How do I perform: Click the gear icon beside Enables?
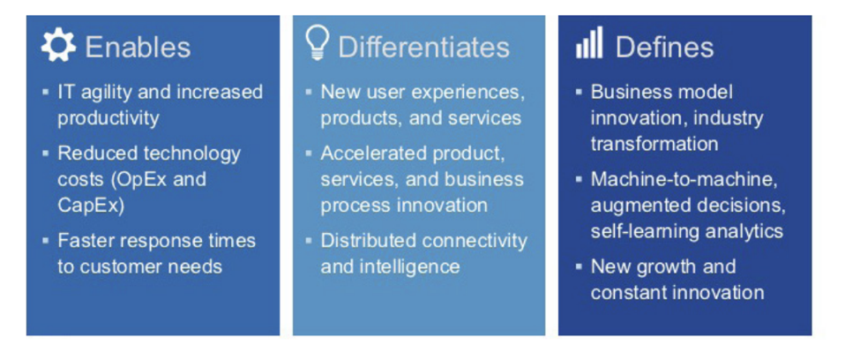tap(58, 45)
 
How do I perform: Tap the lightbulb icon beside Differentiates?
tap(318, 43)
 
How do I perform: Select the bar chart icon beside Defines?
tap(589, 43)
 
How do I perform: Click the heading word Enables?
tap(138, 47)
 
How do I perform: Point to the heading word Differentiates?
tap(424, 47)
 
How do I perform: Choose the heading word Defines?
tap(665, 47)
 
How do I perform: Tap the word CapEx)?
tap(91, 205)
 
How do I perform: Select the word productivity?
tap(108, 118)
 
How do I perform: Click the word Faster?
tap(86, 241)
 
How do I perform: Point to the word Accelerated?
tap(373, 154)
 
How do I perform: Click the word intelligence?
tap(408, 266)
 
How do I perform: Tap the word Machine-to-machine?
tap(684, 179)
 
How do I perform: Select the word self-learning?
tap(639, 231)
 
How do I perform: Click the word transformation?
tap(654, 144)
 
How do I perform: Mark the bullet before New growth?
tap(580, 266)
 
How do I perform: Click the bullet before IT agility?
tap(46, 92)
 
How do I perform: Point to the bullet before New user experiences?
tap(309, 92)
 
